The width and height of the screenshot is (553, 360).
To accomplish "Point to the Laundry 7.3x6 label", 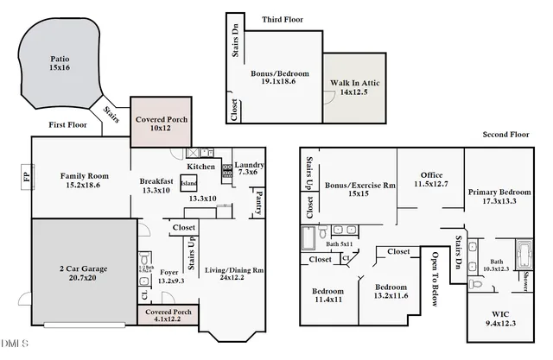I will pyautogui.click(x=249, y=170).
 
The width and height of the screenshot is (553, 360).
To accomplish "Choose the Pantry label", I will pyautogui.click(x=258, y=204).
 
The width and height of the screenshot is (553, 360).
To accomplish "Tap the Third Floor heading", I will pyautogui.click(x=282, y=18).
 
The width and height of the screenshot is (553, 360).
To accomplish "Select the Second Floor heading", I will pyautogui.click(x=505, y=134).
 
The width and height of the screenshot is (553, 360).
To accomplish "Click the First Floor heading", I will pyautogui.click(x=70, y=124).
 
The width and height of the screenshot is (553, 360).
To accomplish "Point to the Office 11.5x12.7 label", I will pyautogui.click(x=431, y=180).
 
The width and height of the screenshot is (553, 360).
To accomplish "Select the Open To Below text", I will pyautogui.click(x=435, y=277).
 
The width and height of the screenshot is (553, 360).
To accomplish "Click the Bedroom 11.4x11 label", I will pyautogui.click(x=327, y=296).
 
